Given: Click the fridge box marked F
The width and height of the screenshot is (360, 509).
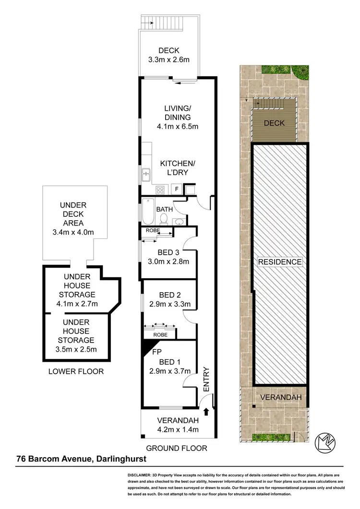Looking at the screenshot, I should point(176,189).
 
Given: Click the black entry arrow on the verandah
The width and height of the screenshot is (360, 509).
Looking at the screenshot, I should point(206,411).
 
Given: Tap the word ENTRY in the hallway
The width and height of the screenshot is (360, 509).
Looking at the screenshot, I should point(207,380).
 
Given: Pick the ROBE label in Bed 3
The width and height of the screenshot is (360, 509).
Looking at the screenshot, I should point(150,230).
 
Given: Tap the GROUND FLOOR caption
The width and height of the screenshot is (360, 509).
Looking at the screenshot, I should point(177,448).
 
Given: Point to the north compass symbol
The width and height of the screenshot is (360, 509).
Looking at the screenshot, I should point(324,440).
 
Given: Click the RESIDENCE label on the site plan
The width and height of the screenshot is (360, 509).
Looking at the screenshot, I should point(280,262).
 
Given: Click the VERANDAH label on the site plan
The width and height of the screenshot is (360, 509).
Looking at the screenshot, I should point(280,397).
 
